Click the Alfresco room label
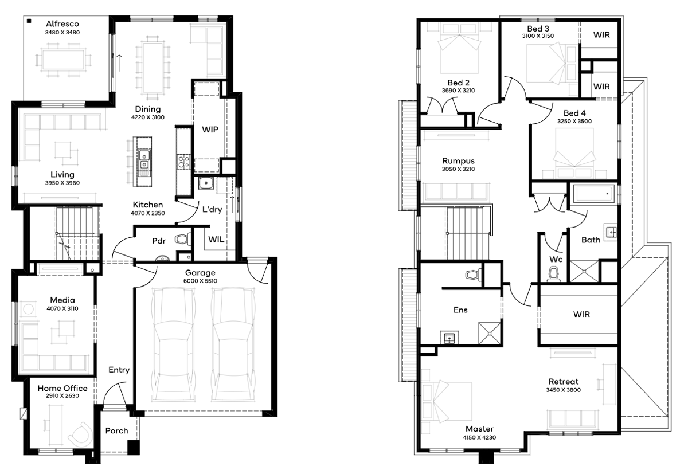(62, 24)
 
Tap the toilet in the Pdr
(182, 240)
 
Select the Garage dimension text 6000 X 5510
(200, 281)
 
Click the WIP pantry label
(210, 130)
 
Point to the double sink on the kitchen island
(144, 160)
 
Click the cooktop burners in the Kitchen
(183, 162)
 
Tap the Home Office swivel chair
(81, 434)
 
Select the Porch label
(117, 430)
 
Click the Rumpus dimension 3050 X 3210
(458, 169)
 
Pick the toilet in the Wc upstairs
(553, 274)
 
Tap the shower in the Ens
(489, 333)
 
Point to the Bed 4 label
(574, 113)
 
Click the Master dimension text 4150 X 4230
(479, 438)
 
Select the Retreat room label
(563, 382)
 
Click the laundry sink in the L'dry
(206, 183)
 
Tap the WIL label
(216, 240)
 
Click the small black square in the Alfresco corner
(29, 21)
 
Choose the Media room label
(62, 300)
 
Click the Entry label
(119, 370)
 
